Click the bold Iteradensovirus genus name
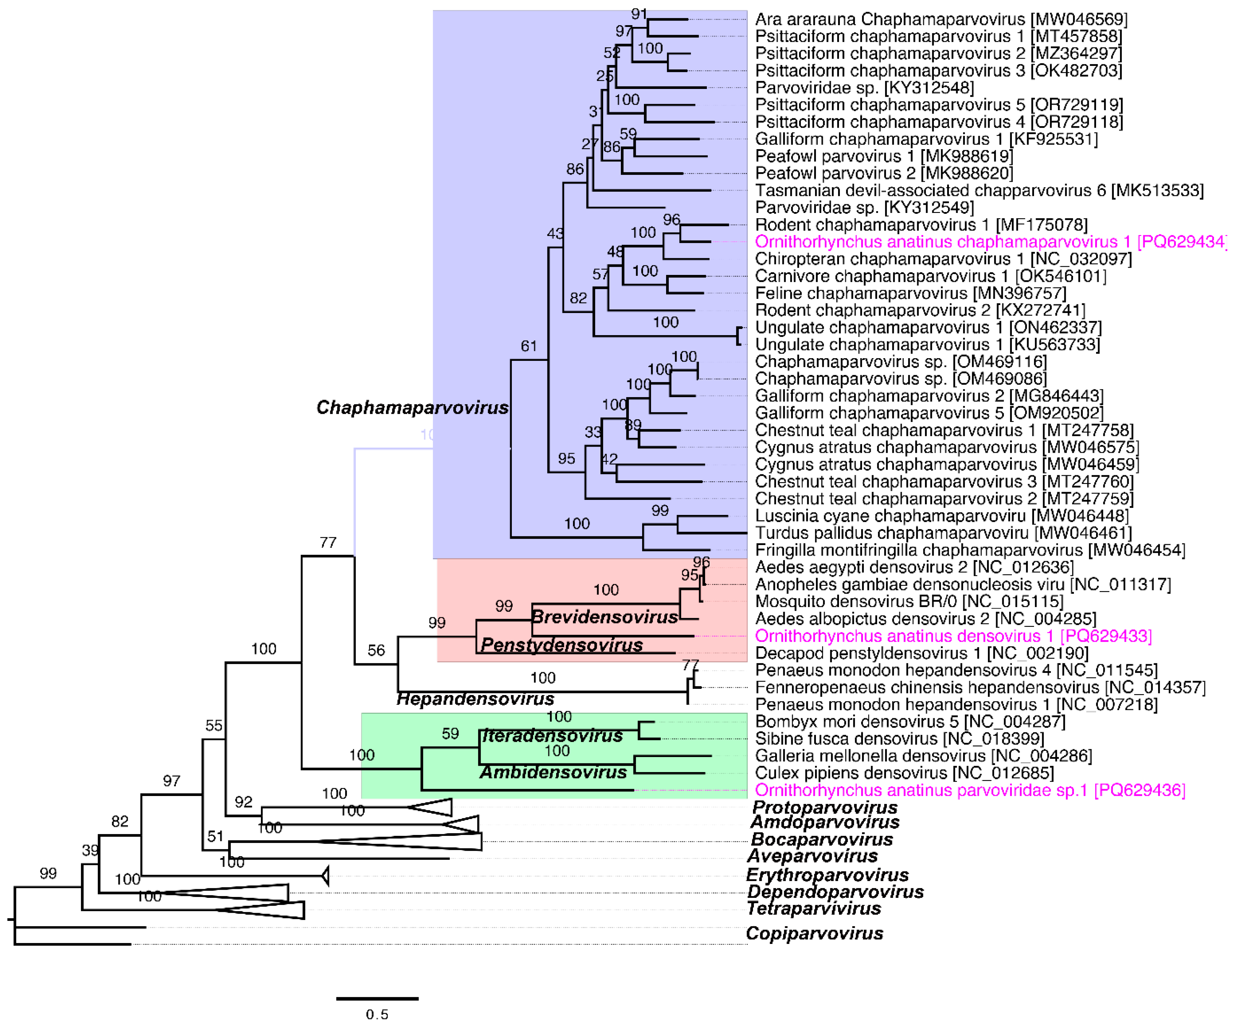coord(552,736)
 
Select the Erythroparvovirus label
coord(827,875)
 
